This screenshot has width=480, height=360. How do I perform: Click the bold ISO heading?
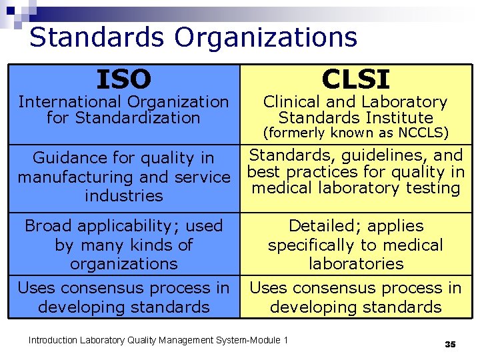point(123,80)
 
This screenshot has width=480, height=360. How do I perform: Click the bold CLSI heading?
point(355,79)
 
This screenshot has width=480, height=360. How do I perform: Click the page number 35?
point(450,344)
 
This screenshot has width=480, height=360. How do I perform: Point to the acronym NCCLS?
point(423,133)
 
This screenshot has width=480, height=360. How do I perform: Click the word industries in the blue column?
point(124,196)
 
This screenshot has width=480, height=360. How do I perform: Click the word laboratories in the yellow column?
point(356,263)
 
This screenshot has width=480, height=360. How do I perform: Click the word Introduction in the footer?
point(52,341)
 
